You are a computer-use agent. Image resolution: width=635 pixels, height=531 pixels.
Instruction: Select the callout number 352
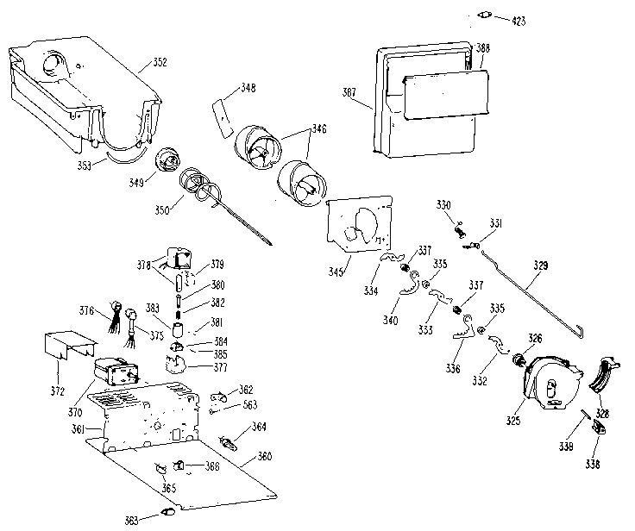(x=160, y=61)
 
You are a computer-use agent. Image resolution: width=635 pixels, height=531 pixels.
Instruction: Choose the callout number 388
(x=483, y=48)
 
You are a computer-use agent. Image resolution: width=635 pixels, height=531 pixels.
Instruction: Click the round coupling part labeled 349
(x=167, y=162)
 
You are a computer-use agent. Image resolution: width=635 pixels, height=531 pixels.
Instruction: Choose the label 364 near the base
(x=260, y=427)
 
